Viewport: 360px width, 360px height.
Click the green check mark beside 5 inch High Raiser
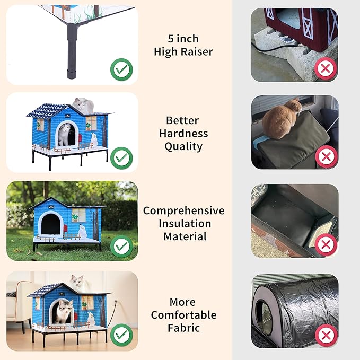[x=122, y=69]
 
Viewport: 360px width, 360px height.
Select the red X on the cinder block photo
[x=326, y=68]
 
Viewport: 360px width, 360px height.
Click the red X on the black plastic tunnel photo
[x=326, y=335]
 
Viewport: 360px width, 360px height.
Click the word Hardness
[x=183, y=133]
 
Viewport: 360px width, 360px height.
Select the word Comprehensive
[x=183, y=210]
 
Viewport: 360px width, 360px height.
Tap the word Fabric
[x=183, y=328]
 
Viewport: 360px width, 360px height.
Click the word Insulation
[x=183, y=223]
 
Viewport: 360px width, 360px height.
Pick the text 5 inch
[x=183, y=39]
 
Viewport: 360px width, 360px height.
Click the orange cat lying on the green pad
[x=281, y=118]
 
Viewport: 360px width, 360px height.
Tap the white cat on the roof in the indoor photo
[x=77, y=282]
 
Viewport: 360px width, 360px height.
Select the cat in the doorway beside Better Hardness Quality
[x=65, y=135]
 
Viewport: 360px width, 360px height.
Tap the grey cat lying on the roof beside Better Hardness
[x=81, y=104]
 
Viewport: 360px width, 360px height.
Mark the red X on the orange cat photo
[x=326, y=157]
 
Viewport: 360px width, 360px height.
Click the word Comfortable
[x=183, y=315]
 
